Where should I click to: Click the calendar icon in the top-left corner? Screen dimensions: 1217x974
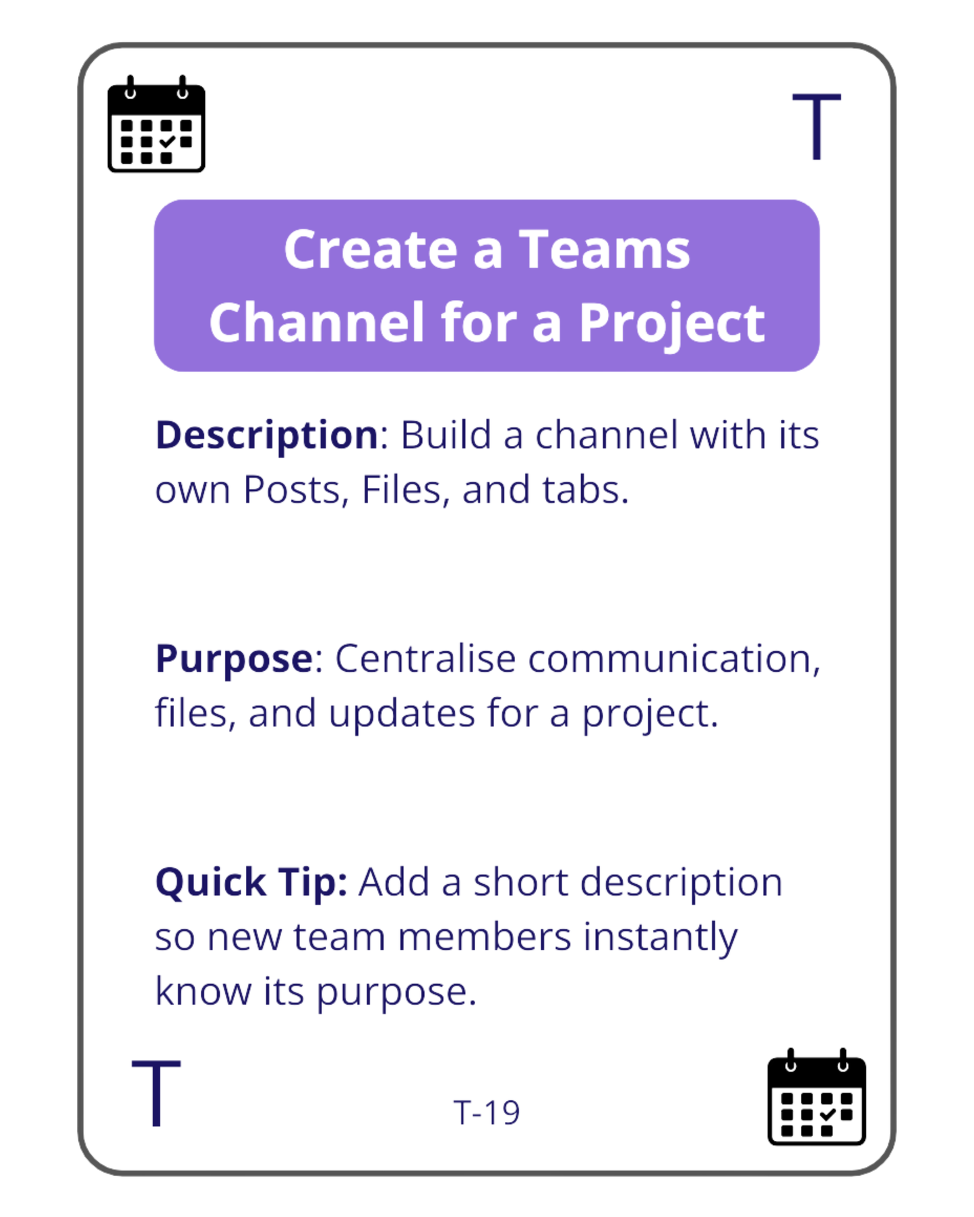click(x=156, y=125)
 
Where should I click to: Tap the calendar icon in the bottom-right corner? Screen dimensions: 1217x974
click(x=816, y=1098)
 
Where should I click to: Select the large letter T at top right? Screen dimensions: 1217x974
click(x=816, y=127)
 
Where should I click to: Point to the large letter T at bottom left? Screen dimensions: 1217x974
click(x=156, y=1093)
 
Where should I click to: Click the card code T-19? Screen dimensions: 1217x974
click(x=487, y=1113)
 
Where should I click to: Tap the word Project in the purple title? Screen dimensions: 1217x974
click(x=671, y=323)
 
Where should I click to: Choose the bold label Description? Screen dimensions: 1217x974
click(x=267, y=435)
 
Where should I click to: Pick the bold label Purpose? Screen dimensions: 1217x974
click(x=234, y=659)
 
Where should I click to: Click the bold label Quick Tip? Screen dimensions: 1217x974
click(x=251, y=883)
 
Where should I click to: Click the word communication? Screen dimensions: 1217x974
click(x=673, y=659)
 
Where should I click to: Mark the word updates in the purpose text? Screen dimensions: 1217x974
click(x=402, y=714)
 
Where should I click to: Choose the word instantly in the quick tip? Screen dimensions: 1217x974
click(x=660, y=938)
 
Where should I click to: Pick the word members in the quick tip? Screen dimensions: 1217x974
click(x=485, y=938)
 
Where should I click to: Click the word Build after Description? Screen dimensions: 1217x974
click(x=446, y=435)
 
